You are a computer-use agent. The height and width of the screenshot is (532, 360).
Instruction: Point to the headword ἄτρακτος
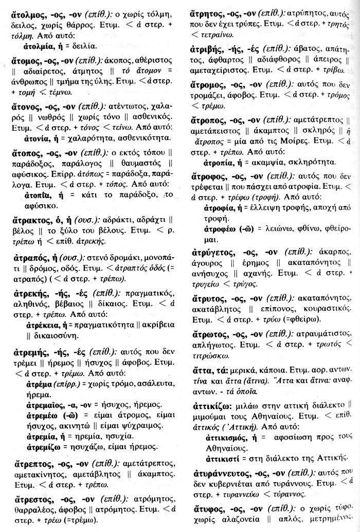(31, 221)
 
